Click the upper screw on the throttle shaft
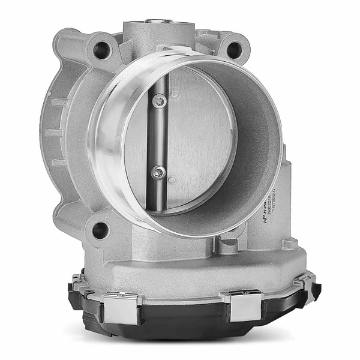pos(158,102)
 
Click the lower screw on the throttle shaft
pos(157,173)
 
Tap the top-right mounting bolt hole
pos(234,50)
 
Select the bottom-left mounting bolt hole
pos(101,229)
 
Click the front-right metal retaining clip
pos(245,304)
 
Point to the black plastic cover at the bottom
pos(180,327)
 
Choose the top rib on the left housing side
pos(58,102)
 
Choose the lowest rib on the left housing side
pos(58,162)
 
